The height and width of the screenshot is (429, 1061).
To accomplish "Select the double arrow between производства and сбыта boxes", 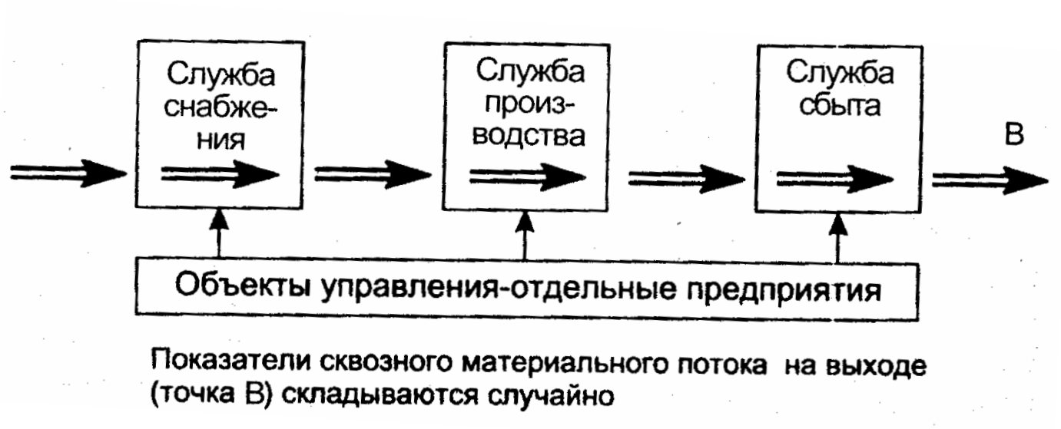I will click(685, 177).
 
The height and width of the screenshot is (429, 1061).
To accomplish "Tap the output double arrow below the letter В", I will click(990, 177).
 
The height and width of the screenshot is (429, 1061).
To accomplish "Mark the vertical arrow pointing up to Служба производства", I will click(525, 236).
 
